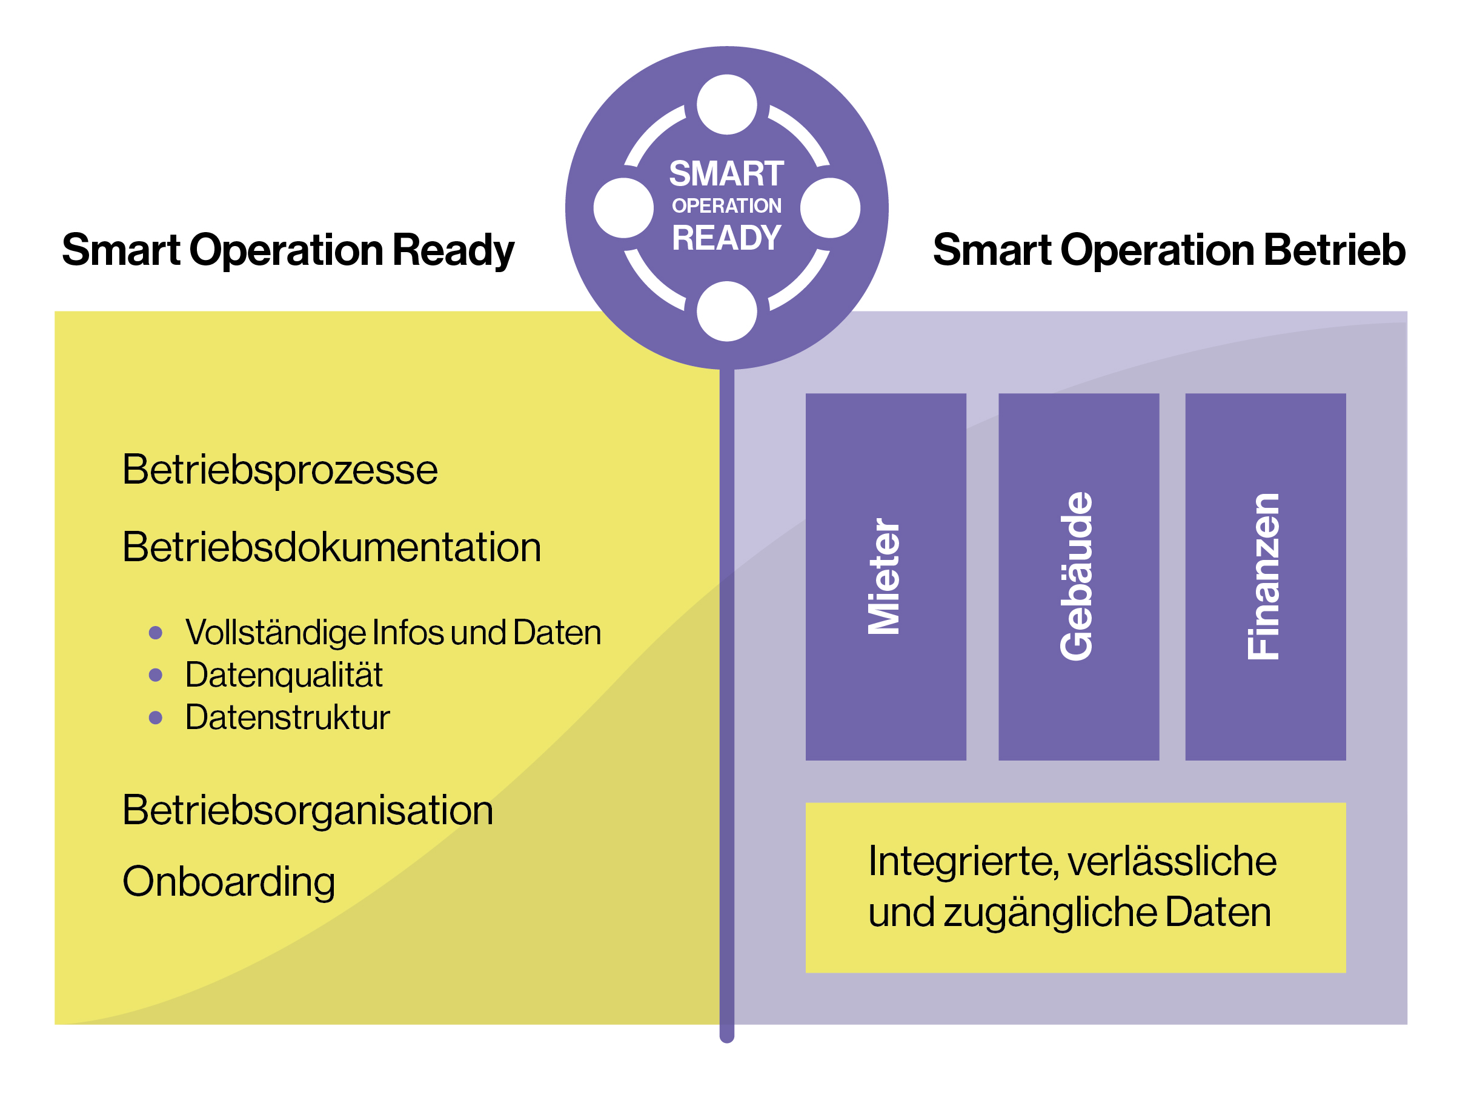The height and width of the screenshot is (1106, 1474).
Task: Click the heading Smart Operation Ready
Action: click(288, 250)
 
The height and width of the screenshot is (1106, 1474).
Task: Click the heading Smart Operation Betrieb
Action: click(1169, 250)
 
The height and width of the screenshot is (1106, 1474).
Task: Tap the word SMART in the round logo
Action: click(726, 174)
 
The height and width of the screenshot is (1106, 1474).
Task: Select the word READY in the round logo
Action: click(726, 238)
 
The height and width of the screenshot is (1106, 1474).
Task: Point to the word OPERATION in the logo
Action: click(726, 206)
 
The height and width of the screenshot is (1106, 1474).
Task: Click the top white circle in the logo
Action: click(726, 105)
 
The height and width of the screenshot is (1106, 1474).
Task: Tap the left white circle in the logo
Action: click(623, 208)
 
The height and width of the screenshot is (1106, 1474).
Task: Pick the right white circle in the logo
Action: click(829, 208)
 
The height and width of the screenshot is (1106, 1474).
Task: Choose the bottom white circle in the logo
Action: click(726, 311)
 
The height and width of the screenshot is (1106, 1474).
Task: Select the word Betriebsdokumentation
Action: click(331, 547)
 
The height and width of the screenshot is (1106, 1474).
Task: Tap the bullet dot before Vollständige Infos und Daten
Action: click(156, 633)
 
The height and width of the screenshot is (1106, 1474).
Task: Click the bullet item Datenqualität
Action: click(284, 675)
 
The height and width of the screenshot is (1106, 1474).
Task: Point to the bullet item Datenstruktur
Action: click(287, 718)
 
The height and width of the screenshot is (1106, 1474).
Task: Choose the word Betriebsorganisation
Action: click(307, 811)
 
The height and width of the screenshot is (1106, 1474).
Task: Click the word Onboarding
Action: click(228, 881)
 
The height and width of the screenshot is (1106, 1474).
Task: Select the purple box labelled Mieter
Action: click(886, 577)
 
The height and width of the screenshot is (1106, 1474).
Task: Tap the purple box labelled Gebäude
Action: click(1078, 577)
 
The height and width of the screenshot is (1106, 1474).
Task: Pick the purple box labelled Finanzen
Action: click(1265, 577)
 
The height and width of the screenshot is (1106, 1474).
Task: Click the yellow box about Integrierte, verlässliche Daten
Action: click(1075, 887)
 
